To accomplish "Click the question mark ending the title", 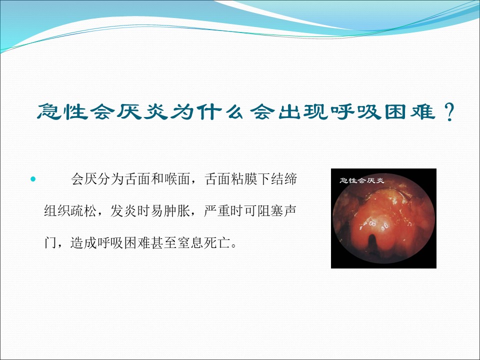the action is click(x=448, y=112).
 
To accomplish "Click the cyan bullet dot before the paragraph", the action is click(x=33, y=179).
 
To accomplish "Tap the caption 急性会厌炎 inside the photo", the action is click(x=361, y=180).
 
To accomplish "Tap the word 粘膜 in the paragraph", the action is click(x=244, y=179).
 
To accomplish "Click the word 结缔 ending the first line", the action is click(x=284, y=179).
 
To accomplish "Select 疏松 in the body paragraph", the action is click(x=84, y=211).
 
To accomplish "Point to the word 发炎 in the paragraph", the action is click(x=123, y=211).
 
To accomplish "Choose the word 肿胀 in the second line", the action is click(x=177, y=211).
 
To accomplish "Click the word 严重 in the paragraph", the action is click(x=217, y=211).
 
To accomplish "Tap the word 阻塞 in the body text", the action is click(x=270, y=211).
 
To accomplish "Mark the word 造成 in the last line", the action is click(x=84, y=243).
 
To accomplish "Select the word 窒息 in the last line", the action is click(x=190, y=243).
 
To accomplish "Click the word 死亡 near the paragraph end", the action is click(x=217, y=243).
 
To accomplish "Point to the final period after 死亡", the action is click(x=234, y=246).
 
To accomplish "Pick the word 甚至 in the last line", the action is click(x=164, y=243).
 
